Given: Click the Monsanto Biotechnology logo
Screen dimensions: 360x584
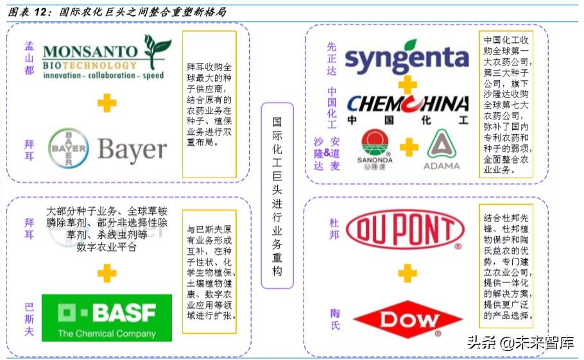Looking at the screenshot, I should (106, 59).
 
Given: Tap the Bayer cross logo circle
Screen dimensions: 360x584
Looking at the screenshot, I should (68, 149).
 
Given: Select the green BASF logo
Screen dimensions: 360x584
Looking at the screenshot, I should (107, 318).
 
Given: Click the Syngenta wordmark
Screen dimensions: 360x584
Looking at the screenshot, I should (407, 58).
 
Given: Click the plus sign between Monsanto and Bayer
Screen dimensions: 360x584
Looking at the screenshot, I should (107, 101).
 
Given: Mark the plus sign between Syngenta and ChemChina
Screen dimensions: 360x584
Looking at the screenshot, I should (407, 84).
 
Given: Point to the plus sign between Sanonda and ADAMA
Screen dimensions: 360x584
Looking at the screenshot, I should (409, 148).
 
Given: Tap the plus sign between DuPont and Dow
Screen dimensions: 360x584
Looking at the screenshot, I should (408, 273).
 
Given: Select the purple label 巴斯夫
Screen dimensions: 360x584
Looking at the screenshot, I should (29, 318).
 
